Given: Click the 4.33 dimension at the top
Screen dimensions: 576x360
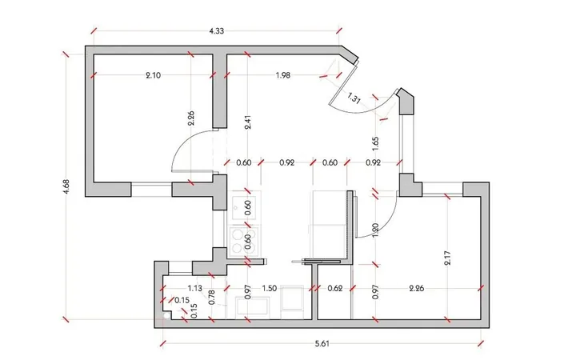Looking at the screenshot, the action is click(216, 31).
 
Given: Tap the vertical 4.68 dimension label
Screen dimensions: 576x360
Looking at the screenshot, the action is click(66, 186).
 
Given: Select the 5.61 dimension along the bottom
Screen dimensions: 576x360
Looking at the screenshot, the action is click(322, 344).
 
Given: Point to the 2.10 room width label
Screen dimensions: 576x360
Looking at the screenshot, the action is click(153, 75).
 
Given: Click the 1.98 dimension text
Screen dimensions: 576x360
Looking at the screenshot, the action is click(283, 75).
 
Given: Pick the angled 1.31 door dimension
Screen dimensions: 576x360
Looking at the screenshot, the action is click(354, 98).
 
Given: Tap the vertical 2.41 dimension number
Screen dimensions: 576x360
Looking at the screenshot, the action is click(248, 122).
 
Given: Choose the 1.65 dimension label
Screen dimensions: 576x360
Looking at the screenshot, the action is click(375, 144).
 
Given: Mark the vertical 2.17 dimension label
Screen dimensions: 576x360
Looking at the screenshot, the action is click(447, 258).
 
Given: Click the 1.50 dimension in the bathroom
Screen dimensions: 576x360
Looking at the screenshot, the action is click(270, 288).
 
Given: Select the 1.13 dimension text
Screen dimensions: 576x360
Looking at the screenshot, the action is click(194, 288).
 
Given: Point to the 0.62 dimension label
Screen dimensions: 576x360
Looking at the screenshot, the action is click(335, 288).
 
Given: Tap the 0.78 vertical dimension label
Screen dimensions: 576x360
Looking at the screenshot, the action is click(211, 297).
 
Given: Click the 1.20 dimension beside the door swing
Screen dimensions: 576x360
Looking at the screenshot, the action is click(375, 230).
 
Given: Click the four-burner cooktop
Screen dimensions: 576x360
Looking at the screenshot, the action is click(243, 242).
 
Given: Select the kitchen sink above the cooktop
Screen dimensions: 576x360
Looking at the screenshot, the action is click(244, 207).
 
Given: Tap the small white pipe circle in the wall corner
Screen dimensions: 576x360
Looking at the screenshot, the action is click(166, 315).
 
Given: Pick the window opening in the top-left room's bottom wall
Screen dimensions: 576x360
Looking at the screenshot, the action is click(151, 189).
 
